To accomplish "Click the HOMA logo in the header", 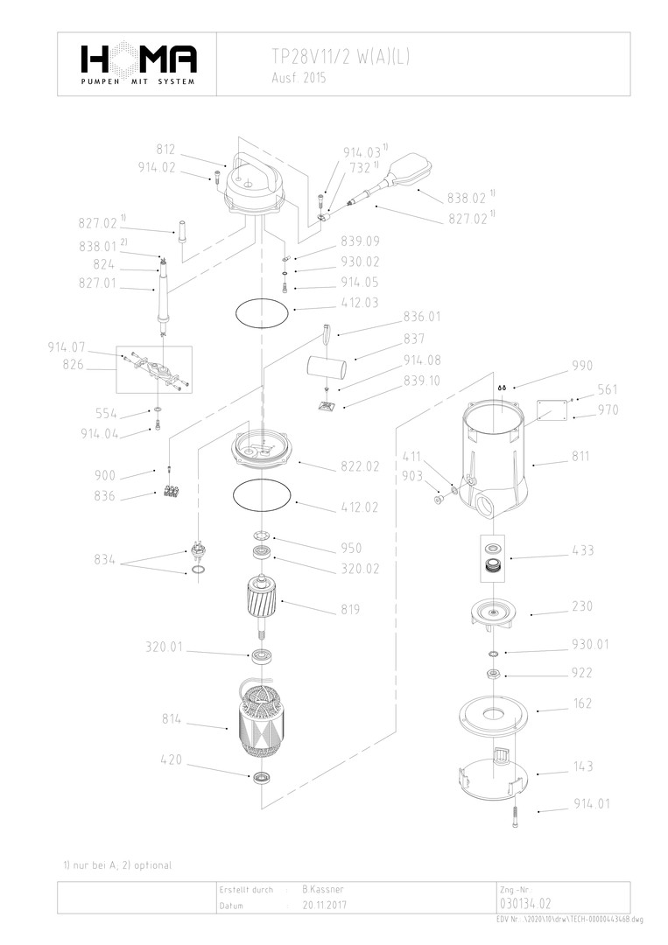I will pyautogui.click(x=138, y=59).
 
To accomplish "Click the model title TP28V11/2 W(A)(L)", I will pyautogui.click(x=340, y=57).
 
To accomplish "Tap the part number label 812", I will pyautogui.click(x=166, y=149).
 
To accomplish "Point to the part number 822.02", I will pyautogui.click(x=359, y=466).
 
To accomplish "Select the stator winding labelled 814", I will pyautogui.click(x=263, y=720).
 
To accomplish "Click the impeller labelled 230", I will pyautogui.click(x=495, y=611).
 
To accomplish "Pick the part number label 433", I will pyautogui.click(x=582, y=550).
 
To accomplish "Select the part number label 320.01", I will pyautogui.click(x=165, y=647).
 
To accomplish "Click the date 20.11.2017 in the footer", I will pyautogui.click(x=324, y=905).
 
